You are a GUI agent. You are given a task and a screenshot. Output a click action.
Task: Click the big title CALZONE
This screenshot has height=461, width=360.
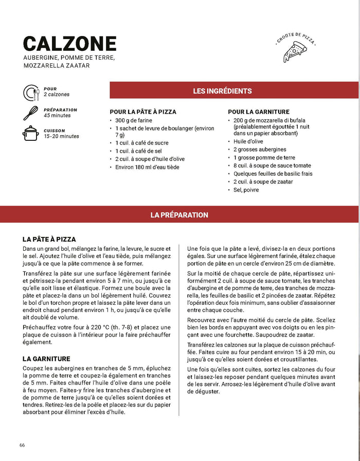(70, 43)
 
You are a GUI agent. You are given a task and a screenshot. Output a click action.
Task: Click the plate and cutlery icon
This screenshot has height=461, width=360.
(31, 93)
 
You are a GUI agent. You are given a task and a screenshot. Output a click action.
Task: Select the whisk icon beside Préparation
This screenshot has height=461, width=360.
(31, 113)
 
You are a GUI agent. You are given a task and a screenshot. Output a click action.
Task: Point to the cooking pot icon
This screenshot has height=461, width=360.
(31, 133)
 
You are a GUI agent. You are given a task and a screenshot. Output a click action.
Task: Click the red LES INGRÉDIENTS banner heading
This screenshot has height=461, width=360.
(222, 91)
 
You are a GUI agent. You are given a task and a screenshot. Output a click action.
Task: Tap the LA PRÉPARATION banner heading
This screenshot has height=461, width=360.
(179, 215)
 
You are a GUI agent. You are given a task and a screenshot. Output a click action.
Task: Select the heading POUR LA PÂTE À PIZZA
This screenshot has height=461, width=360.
(143, 112)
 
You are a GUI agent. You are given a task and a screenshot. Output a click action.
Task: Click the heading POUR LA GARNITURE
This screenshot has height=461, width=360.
(259, 112)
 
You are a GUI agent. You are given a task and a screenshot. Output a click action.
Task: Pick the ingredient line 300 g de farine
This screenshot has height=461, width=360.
(134, 120)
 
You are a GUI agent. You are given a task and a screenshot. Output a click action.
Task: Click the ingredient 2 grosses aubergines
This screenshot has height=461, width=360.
(253, 149)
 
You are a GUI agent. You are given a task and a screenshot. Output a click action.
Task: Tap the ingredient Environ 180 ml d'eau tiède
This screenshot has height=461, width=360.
(147, 167)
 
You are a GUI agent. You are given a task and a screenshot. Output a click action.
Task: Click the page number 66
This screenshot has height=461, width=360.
(22, 445)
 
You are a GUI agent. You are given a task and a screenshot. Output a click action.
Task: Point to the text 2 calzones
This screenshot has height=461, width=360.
(57, 95)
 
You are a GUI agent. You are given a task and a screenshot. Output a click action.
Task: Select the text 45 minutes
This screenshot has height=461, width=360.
(57, 116)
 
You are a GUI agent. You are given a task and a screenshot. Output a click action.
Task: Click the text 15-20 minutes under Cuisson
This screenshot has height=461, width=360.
(61, 136)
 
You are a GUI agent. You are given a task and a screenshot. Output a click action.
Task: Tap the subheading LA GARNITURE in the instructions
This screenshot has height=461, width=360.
(46, 359)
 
